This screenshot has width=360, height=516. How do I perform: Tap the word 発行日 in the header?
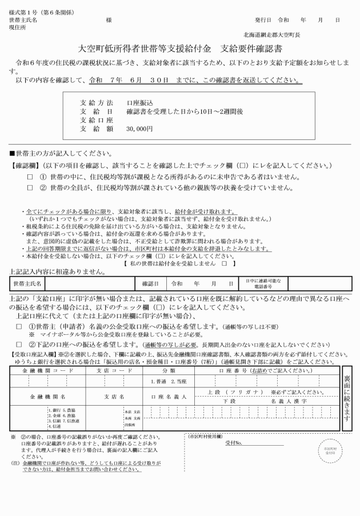coord(263,19)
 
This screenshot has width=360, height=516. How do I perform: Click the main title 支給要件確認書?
coord(252,50)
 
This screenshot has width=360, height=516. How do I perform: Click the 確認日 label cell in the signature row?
coord(150,283)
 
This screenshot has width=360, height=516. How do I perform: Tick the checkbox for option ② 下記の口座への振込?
coord(19,344)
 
